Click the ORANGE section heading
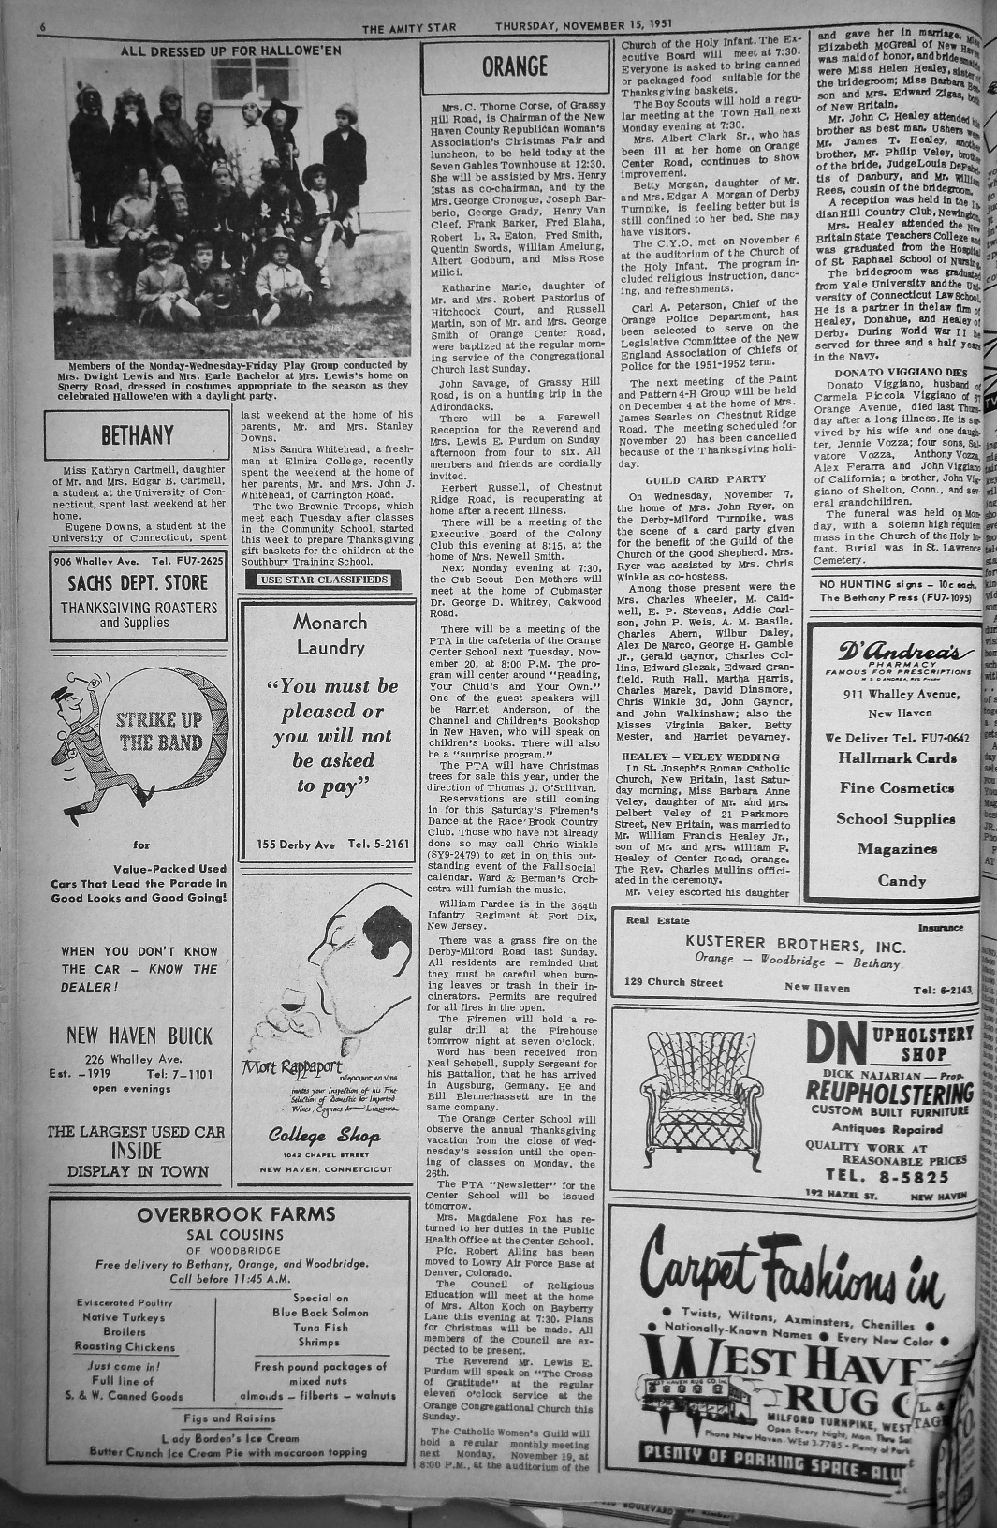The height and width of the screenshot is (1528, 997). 515,66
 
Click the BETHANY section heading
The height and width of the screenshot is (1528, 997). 137,435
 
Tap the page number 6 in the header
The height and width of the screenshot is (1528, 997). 42,27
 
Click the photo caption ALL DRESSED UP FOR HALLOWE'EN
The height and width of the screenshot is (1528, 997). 231,50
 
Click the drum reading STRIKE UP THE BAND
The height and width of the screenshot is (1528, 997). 159,731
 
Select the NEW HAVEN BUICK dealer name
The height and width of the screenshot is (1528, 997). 139,1036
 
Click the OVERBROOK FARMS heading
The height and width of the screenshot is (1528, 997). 235,1214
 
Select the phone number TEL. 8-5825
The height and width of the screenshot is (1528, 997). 887,1176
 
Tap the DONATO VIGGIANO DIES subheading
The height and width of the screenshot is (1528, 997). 888,373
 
